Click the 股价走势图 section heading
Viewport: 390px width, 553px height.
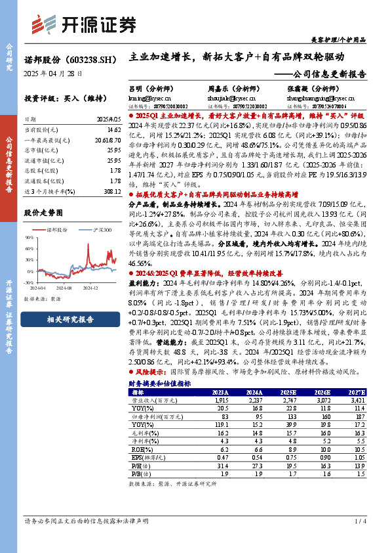click(x=44, y=213)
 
